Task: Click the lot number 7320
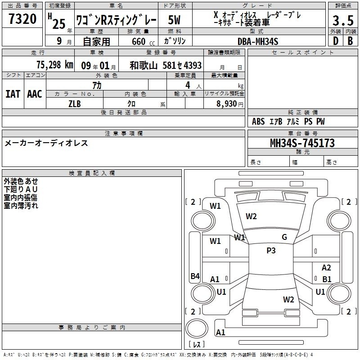coord(22,19)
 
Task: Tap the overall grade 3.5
coord(343,20)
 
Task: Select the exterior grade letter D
coord(336,41)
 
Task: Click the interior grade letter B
coord(350,41)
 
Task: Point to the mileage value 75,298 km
coord(55,65)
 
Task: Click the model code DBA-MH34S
coord(258,41)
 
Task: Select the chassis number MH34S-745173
coord(302,143)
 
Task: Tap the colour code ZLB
coord(75,104)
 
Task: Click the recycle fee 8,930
coord(227,104)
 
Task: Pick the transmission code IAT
coord(13,94)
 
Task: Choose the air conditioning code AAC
coord(35,94)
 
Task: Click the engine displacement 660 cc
coord(143,41)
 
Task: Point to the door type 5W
coord(174,20)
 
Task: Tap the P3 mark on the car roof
coord(271,251)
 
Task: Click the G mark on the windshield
coord(284,237)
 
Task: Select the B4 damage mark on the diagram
coord(195,276)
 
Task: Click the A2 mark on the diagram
coord(326,268)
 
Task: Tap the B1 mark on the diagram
coord(327,279)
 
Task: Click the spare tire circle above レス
coord(197,328)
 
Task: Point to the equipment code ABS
coord(258,121)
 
